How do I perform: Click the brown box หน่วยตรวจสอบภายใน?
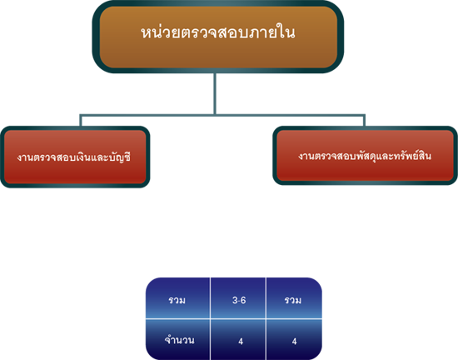218,37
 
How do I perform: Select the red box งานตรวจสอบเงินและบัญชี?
75,157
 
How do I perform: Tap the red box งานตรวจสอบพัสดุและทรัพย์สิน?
365,156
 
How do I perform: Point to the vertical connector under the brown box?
215,93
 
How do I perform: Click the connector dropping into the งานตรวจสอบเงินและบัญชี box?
80,121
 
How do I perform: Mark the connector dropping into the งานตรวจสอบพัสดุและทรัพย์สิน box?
364,121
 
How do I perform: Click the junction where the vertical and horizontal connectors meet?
215,115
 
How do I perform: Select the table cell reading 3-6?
238,298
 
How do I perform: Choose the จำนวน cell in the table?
178,339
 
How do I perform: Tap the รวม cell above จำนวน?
178,298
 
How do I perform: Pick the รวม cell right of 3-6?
294,298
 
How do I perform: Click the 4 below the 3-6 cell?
241,341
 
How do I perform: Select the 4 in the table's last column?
295,341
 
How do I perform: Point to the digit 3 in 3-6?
235,300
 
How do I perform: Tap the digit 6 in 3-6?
242,300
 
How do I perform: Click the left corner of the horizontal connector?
80,116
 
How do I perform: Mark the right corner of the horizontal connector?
364,116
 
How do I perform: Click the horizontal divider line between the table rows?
234,319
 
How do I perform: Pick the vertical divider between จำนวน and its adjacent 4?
210,339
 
